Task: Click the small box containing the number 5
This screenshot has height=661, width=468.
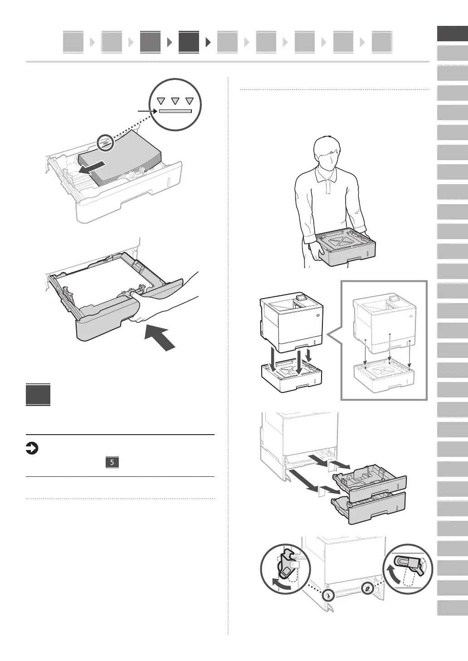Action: point(112,462)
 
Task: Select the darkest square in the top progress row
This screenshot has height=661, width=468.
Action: point(189,42)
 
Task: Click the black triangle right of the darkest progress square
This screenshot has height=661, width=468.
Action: point(209,43)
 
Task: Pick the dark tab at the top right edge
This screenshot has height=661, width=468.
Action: point(452,34)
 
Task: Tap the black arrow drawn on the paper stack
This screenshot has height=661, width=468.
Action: point(93,167)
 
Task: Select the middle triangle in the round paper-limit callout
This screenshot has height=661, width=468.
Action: point(175,101)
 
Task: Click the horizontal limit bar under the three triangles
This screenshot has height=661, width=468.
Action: point(175,111)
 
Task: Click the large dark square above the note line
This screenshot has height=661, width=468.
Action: point(38,395)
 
